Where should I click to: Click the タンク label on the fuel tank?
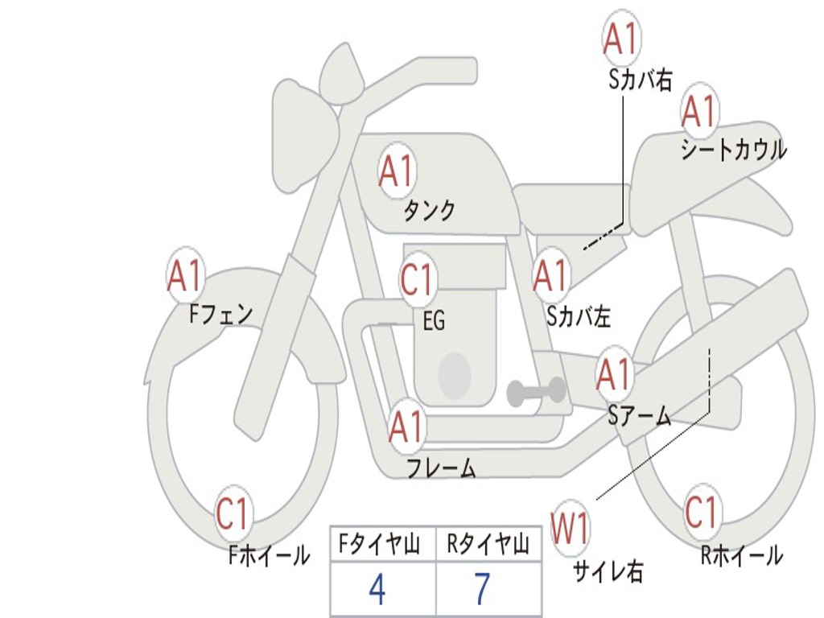(429, 211)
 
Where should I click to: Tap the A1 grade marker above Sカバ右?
(621, 38)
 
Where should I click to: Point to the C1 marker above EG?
(417, 280)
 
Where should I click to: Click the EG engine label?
(434, 322)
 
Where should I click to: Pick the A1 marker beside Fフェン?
(186, 277)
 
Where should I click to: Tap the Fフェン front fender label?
(221, 313)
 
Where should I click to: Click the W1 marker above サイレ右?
(570, 529)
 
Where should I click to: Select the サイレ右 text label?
(608, 572)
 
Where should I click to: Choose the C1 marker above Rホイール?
(701, 512)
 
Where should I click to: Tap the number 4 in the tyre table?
(377, 590)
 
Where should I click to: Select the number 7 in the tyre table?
(481, 590)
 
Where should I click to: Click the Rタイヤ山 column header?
(488, 546)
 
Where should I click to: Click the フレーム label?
(441, 468)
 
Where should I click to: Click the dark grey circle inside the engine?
(454, 375)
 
